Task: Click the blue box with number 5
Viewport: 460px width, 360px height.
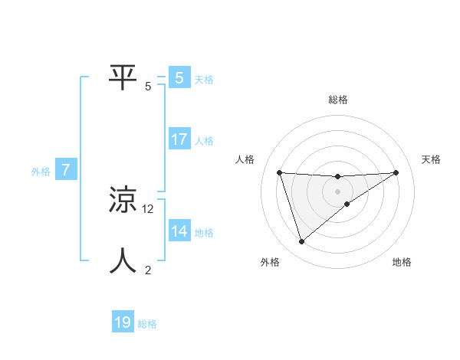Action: [x=179, y=78]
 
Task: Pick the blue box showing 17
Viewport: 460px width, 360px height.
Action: [x=179, y=139]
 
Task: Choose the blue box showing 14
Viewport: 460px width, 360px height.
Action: [x=179, y=231]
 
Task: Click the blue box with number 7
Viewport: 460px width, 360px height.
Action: [x=66, y=170]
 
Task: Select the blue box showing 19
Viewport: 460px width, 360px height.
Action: [x=123, y=322]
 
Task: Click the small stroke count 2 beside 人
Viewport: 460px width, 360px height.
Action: [x=148, y=270]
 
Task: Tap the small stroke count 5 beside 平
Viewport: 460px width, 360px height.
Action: [x=148, y=87]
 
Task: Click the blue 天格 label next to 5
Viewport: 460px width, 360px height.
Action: [x=204, y=80]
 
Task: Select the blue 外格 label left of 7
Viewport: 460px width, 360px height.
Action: [x=41, y=172]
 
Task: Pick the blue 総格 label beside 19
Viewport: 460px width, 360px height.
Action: [x=147, y=324]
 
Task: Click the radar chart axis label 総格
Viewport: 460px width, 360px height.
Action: [x=337, y=100]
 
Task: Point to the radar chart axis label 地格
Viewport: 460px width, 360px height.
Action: [x=402, y=262]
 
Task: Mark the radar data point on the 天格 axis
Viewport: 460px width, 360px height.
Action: [x=396, y=172]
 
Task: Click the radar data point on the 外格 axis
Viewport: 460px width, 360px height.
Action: [x=301, y=242]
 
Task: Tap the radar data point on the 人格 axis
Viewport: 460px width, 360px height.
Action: [x=279, y=172]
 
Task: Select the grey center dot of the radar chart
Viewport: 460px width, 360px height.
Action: [x=337, y=191]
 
